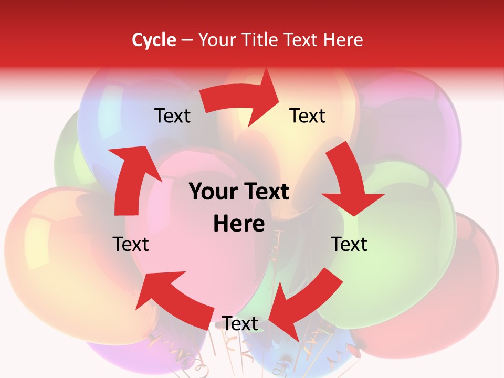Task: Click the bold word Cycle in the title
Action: (x=154, y=40)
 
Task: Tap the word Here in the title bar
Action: (x=343, y=40)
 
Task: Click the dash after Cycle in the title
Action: (x=186, y=40)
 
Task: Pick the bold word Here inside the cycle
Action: (x=239, y=224)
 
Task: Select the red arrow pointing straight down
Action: (x=349, y=181)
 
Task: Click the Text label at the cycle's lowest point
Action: (x=240, y=323)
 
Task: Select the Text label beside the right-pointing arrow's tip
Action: (x=308, y=115)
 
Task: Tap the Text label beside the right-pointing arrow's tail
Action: (x=172, y=115)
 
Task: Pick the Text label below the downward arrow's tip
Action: (x=349, y=244)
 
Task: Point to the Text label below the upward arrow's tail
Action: (x=131, y=244)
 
